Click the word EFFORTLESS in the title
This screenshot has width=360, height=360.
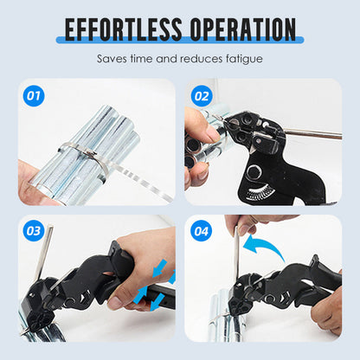point(123,29)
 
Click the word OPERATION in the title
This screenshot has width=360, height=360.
point(243,29)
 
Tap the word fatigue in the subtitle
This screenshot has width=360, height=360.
point(244,59)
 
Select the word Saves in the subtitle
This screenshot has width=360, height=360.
point(112,59)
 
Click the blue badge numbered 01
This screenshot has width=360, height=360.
point(34,96)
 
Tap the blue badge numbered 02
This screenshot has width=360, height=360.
point(202,96)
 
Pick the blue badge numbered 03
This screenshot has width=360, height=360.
point(34,231)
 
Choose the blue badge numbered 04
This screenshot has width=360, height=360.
point(202,231)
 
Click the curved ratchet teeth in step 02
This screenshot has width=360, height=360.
point(259,193)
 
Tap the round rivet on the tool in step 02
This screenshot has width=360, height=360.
point(254,172)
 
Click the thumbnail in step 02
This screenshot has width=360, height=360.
point(212,134)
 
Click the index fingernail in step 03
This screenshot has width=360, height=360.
point(115,302)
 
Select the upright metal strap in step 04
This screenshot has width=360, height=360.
point(237,254)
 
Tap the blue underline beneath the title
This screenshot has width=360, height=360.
point(180,40)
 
